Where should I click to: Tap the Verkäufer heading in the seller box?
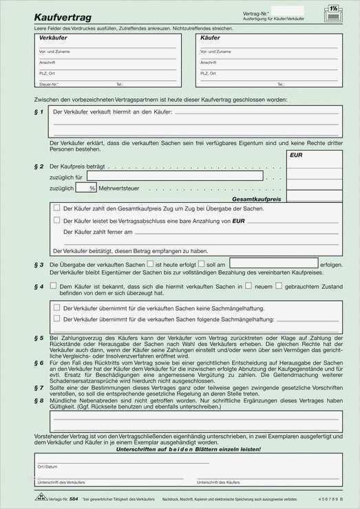pos(54,39)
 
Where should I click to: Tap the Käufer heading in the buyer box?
pos(210,39)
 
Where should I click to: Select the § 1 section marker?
pos(39,111)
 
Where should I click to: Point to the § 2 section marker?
pos(39,166)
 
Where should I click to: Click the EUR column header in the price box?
pos(296,156)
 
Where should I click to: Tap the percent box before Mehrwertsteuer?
pos(83,187)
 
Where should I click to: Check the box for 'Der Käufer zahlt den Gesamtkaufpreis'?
pos(56,207)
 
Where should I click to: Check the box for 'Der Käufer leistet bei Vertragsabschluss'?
pos(56,220)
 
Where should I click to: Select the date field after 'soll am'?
pos(273,263)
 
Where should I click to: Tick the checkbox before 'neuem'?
pos(249,285)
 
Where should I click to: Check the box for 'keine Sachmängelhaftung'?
pos(56,307)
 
